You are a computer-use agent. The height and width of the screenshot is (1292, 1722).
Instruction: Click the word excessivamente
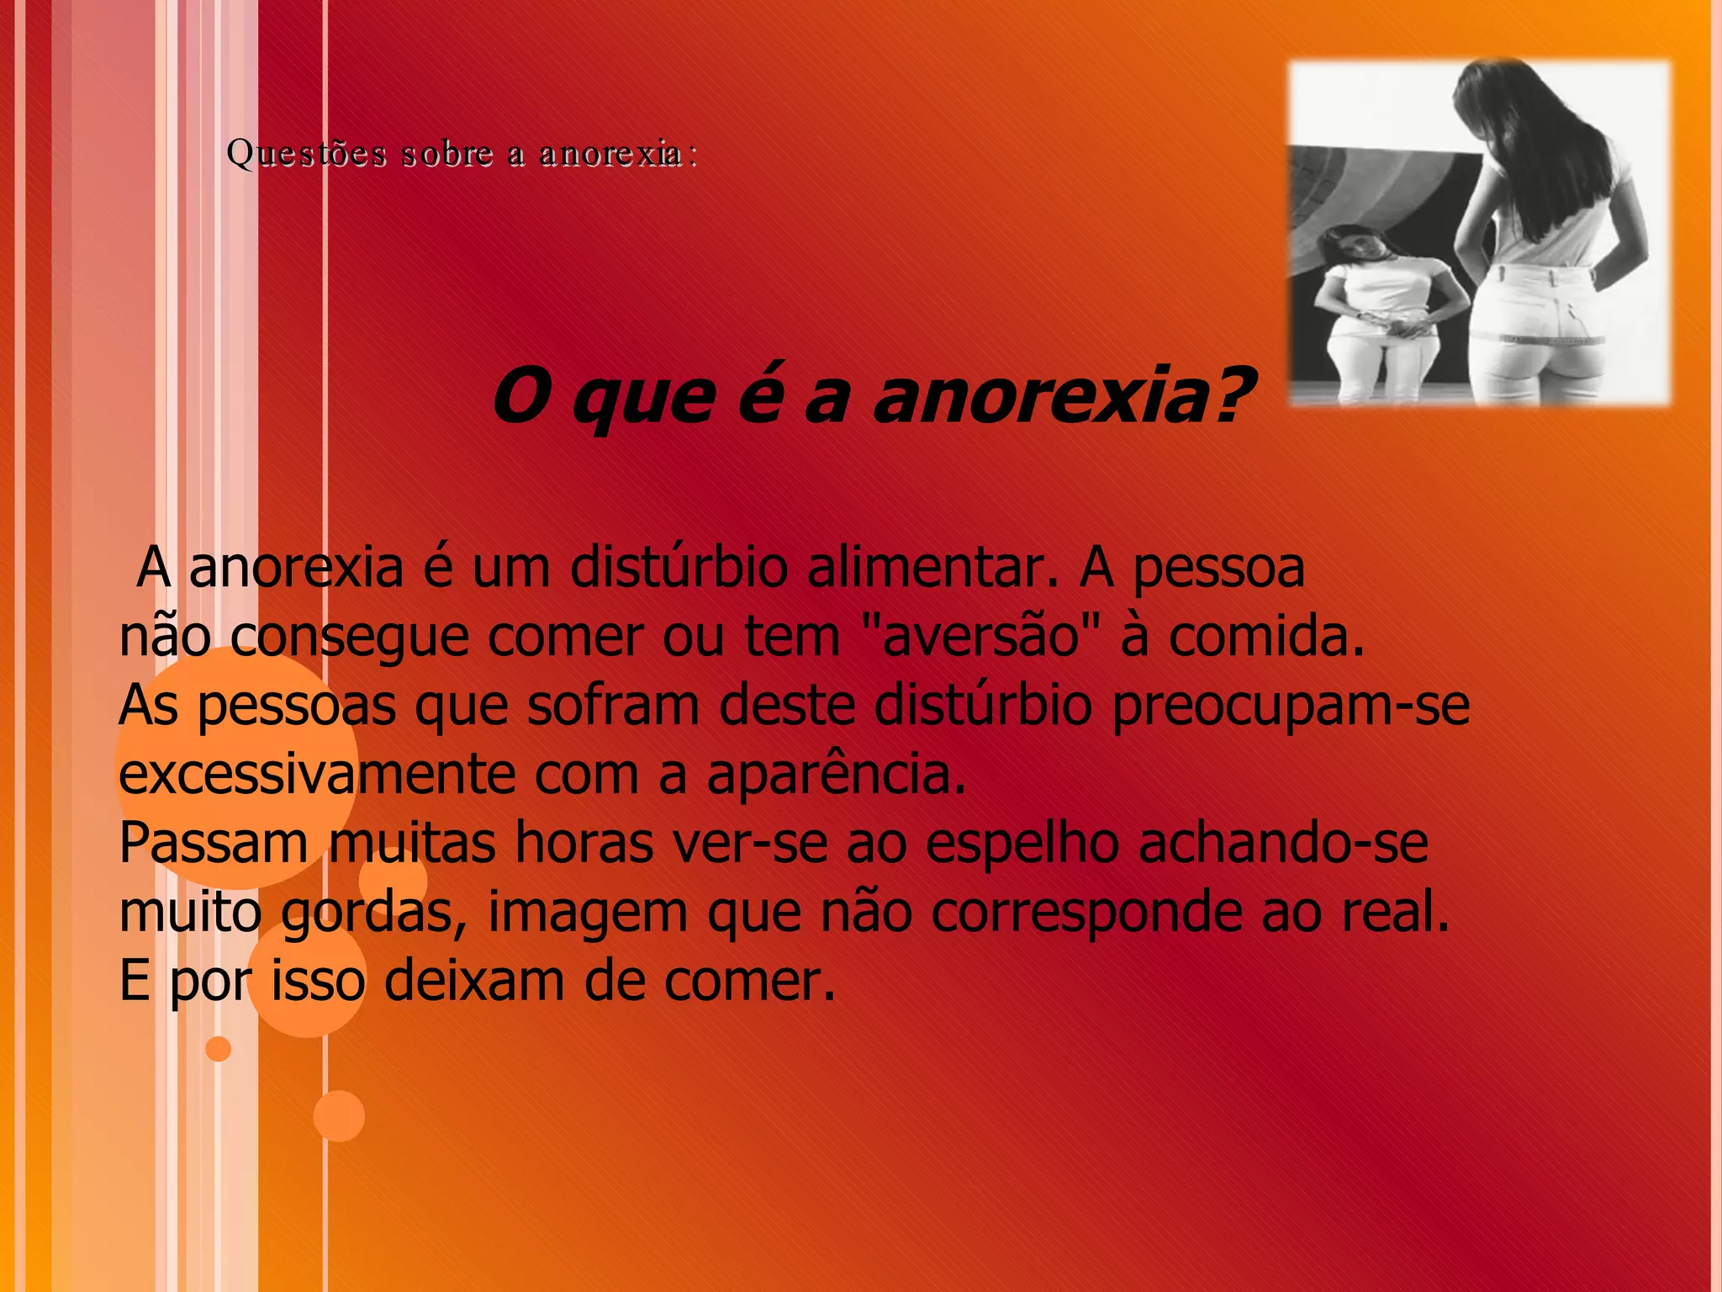tap(316, 774)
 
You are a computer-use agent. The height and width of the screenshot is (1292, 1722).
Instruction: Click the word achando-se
tap(1283, 844)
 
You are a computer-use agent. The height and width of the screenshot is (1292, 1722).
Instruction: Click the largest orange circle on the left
tap(237, 767)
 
